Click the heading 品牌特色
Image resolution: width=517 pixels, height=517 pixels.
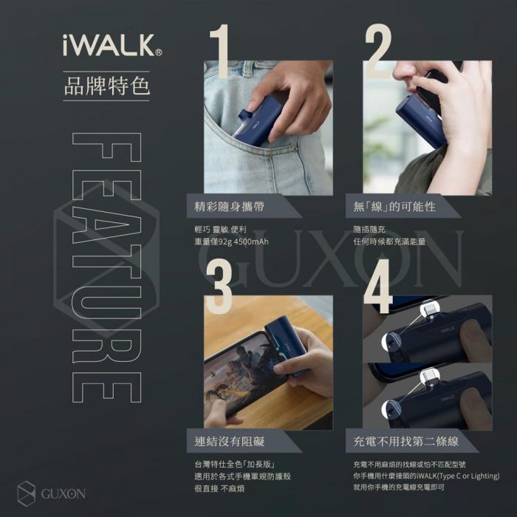107,85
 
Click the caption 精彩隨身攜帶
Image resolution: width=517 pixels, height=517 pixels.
229,206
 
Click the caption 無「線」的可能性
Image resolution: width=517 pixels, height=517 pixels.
395,206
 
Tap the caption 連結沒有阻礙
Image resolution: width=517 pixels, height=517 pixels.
229,441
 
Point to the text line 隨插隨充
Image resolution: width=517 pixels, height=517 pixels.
369,230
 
